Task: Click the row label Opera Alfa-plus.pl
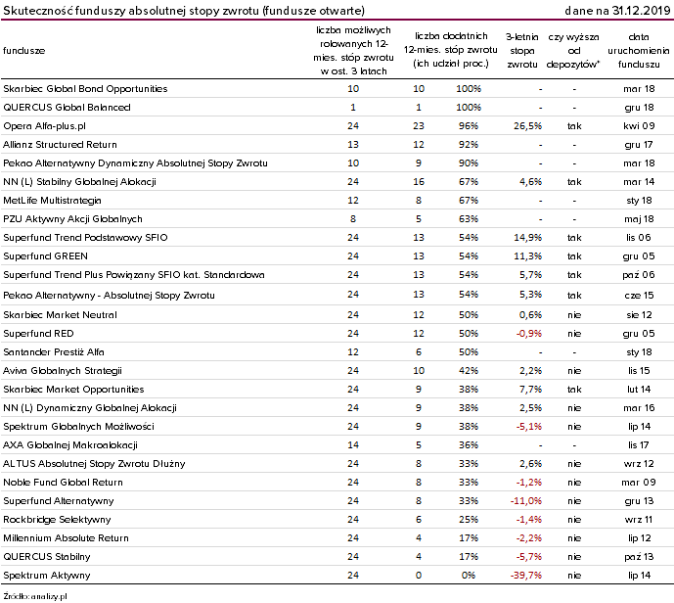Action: (x=44, y=126)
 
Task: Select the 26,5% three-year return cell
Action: (x=527, y=126)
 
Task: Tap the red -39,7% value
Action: (x=525, y=576)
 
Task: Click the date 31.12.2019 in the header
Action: (x=642, y=11)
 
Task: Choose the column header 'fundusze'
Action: (x=24, y=51)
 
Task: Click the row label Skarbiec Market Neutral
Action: (x=60, y=315)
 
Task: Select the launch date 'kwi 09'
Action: (x=639, y=126)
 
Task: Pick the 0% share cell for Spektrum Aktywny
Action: (x=469, y=576)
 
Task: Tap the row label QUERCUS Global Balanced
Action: (x=67, y=108)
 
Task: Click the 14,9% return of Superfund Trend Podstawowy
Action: (x=527, y=238)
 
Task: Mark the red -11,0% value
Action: (x=525, y=501)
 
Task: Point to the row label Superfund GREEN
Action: (x=45, y=256)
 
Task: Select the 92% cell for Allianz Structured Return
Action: (x=469, y=145)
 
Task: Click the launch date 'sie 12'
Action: (x=639, y=315)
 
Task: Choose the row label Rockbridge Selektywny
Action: (x=57, y=520)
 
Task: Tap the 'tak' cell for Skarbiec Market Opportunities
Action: (x=574, y=390)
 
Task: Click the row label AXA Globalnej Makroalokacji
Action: (x=70, y=445)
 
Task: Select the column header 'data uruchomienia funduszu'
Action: (x=639, y=51)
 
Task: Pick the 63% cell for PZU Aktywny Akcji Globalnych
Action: (x=469, y=219)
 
